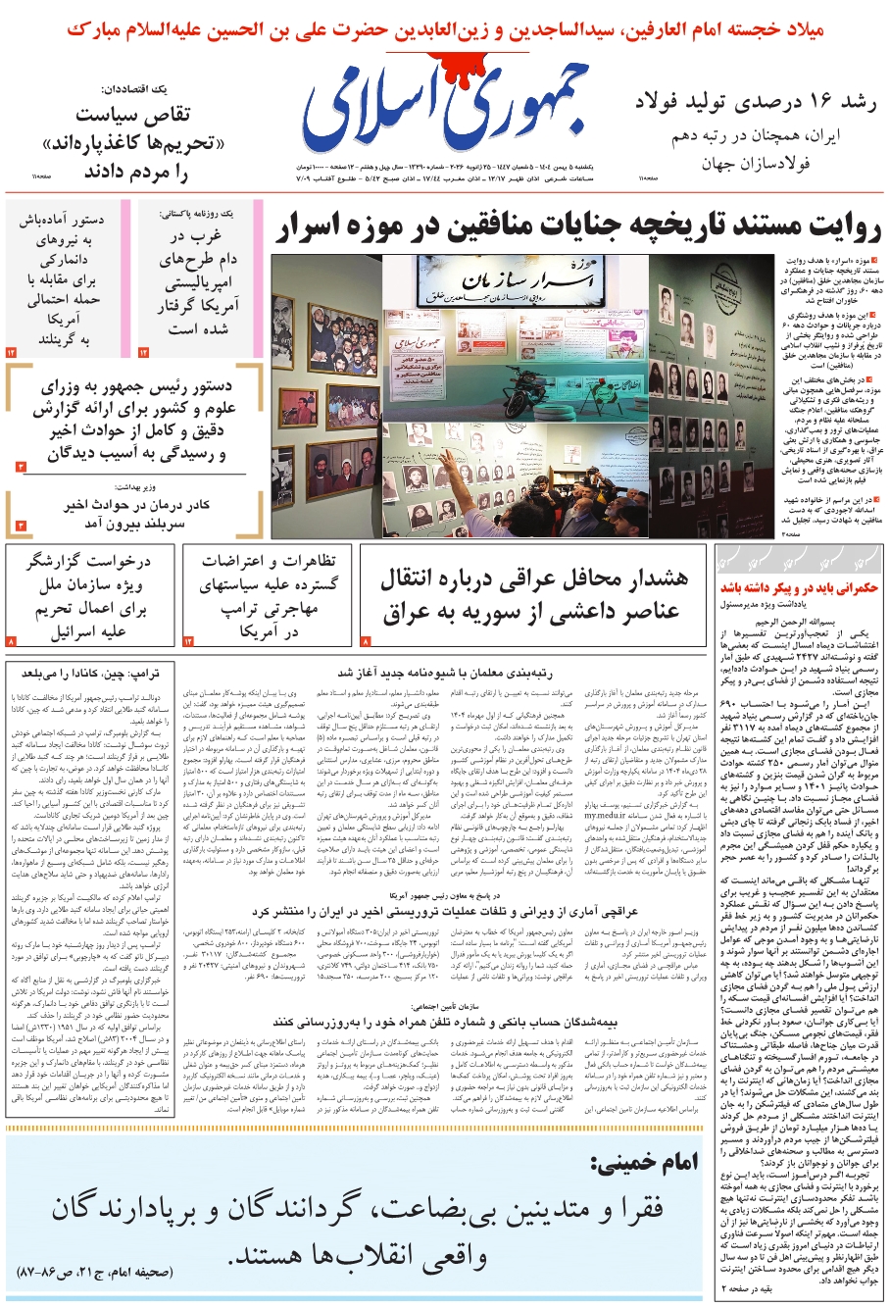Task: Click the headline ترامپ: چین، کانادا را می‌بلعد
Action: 90,673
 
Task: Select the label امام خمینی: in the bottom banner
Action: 644,1163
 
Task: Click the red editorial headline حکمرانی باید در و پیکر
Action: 799,588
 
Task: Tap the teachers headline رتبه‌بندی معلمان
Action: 446,673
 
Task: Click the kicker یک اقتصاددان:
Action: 150,89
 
